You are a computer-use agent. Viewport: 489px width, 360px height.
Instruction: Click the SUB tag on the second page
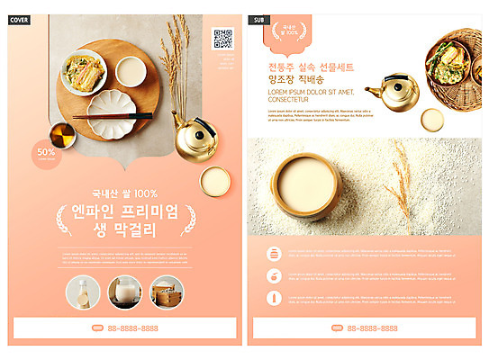[259, 19]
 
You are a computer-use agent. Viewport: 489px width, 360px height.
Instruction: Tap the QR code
[222, 39]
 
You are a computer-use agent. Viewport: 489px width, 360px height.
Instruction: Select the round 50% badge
[46, 152]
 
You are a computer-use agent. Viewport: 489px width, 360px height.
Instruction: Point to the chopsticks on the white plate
[113, 115]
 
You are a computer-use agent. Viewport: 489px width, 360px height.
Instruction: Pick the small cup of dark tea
[61, 135]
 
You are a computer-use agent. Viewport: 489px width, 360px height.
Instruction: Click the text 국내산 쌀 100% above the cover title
[124, 193]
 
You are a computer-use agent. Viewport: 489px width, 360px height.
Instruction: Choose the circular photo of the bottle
[84, 292]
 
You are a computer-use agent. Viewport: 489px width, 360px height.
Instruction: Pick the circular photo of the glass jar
[124, 292]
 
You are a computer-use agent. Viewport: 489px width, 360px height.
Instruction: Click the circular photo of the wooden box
[166, 292]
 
